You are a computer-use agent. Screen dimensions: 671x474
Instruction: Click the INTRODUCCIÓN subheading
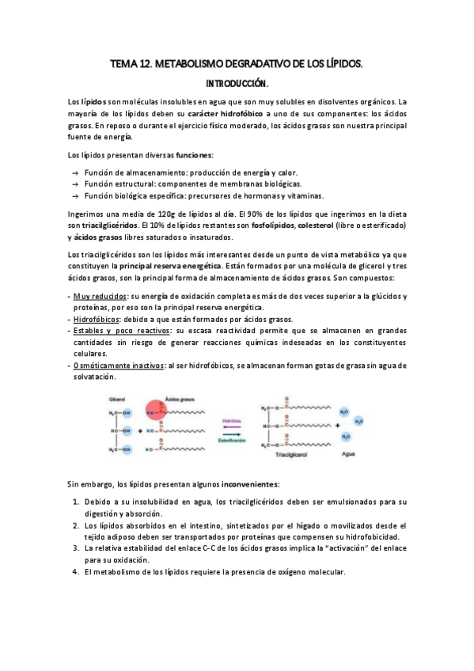point(237,82)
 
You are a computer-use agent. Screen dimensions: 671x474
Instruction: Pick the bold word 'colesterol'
point(310,226)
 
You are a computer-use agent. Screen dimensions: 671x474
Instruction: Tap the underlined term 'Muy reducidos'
point(100,296)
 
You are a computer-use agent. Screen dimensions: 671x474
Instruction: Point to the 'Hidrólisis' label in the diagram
point(230,423)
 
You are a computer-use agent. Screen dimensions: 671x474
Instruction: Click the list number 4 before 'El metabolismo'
point(74,573)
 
